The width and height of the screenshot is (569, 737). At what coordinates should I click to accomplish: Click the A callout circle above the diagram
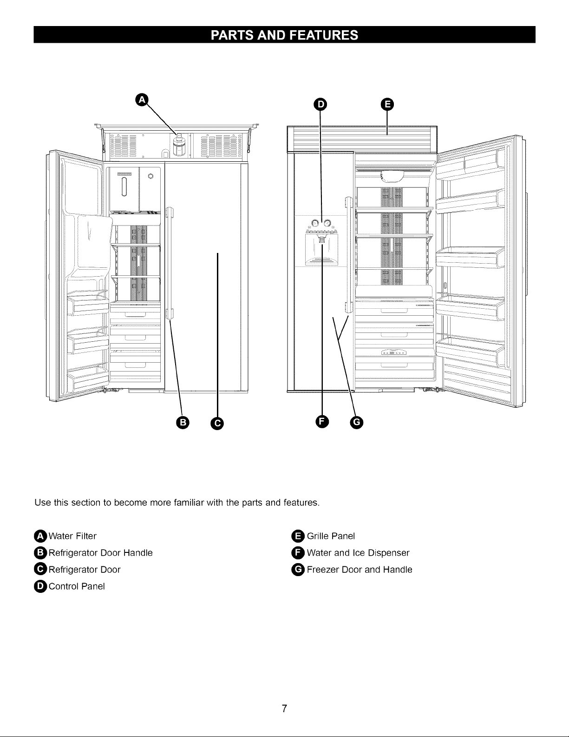point(142,100)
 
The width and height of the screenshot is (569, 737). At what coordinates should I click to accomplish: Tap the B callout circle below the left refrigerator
point(183,423)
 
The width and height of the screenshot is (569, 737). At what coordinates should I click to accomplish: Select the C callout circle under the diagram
point(217,423)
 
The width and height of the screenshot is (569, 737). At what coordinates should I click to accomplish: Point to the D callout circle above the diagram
point(320,105)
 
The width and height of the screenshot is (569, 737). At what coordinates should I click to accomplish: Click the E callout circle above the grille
point(387,104)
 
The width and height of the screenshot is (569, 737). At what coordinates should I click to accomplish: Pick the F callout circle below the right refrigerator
point(322,422)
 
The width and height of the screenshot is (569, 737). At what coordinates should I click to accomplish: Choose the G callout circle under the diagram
point(356,423)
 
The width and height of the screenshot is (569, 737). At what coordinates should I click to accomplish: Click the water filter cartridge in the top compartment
point(179,144)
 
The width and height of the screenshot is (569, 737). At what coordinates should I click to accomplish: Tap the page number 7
point(284,708)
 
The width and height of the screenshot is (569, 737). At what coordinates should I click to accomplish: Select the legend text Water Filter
point(72,536)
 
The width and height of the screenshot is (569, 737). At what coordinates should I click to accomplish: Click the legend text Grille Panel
point(331,536)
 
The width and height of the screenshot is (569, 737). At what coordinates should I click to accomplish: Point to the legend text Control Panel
point(77,586)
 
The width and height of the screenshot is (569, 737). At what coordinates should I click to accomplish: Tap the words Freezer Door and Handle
point(360,570)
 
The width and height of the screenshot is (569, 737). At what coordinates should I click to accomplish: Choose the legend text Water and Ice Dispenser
point(358,553)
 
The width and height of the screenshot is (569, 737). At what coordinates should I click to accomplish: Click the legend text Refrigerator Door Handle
point(101,553)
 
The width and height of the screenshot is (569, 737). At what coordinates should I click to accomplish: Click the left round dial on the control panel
point(314,223)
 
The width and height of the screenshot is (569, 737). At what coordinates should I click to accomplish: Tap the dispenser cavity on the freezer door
point(321,249)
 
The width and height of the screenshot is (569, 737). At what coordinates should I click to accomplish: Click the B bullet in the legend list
point(40,553)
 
